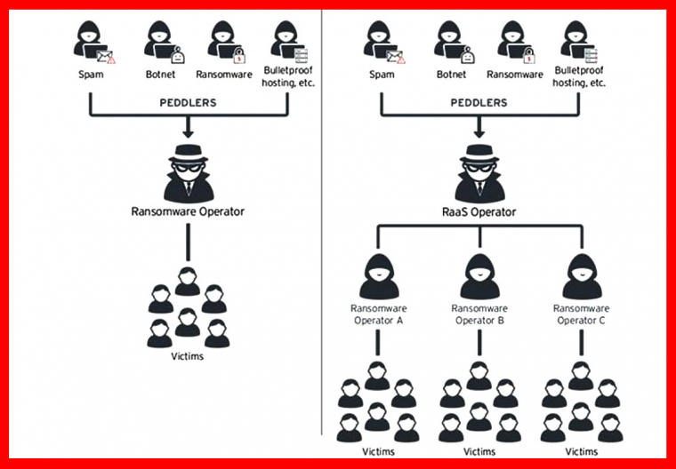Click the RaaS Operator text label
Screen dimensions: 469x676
pos(479,214)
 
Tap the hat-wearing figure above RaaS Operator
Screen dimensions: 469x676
pos(479,172)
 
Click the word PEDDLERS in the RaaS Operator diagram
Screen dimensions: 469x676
pos(479,103)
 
